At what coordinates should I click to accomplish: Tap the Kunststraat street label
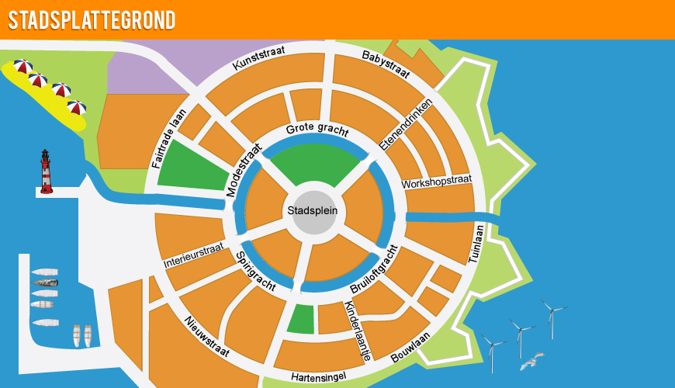pyautogui.click(x=259, y=59)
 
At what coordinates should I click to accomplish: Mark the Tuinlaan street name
pyautogui.click(x=476, y=244)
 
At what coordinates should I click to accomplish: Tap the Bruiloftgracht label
pyautogui.click(x=375, y=269)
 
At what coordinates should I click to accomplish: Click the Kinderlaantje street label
pyautogui.click(x=357, y=330)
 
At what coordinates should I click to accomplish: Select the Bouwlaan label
pyautogui.click(x=410, y=348)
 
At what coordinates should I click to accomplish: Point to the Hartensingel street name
pyautogui.click(x=318, y=377)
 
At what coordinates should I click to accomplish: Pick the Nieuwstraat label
pyautogui.click(x=206, y=336)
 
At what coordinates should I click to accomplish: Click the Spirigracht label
pyautogui.click(x=256, y=271)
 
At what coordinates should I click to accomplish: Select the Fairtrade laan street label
pyautogui.click(x=170, y=139)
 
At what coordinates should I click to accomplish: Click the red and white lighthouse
pyautogui.click(x=47, y=171)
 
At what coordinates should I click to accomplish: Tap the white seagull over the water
pyautogui.click(x=531, y=360)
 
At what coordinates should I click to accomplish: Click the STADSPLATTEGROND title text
pyautogui.click(x=91, y=20)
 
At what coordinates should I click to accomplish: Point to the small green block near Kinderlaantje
pyautogui.click(x=301, y=319)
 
